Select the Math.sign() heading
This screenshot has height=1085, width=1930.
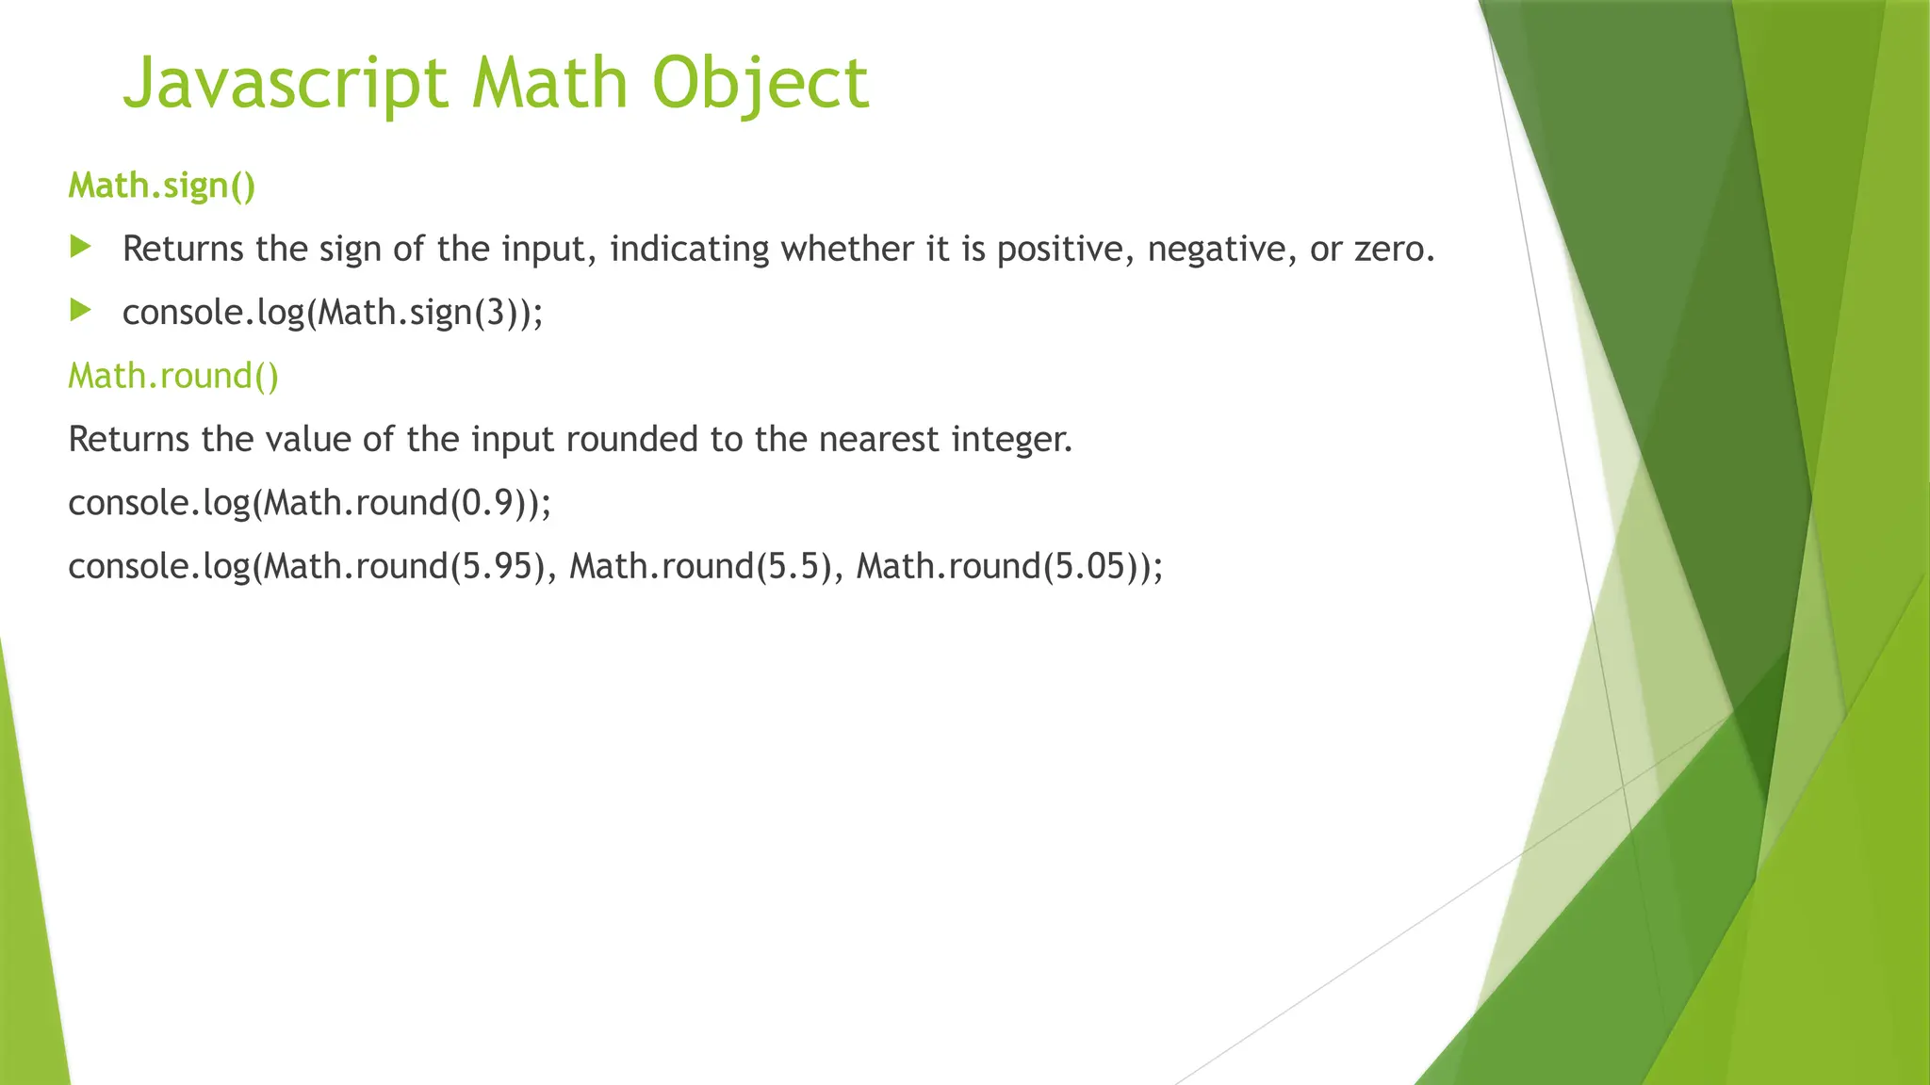(162, 186)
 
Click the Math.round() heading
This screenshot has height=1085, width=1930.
(173, 376)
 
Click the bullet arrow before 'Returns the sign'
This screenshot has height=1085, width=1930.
(81, 248)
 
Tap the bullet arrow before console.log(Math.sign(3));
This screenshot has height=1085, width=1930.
(81, 310)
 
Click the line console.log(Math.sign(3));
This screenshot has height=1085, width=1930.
(333, 312)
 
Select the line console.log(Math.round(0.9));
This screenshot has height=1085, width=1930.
(309, 503)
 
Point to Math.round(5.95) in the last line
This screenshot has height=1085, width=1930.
(405, 566)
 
